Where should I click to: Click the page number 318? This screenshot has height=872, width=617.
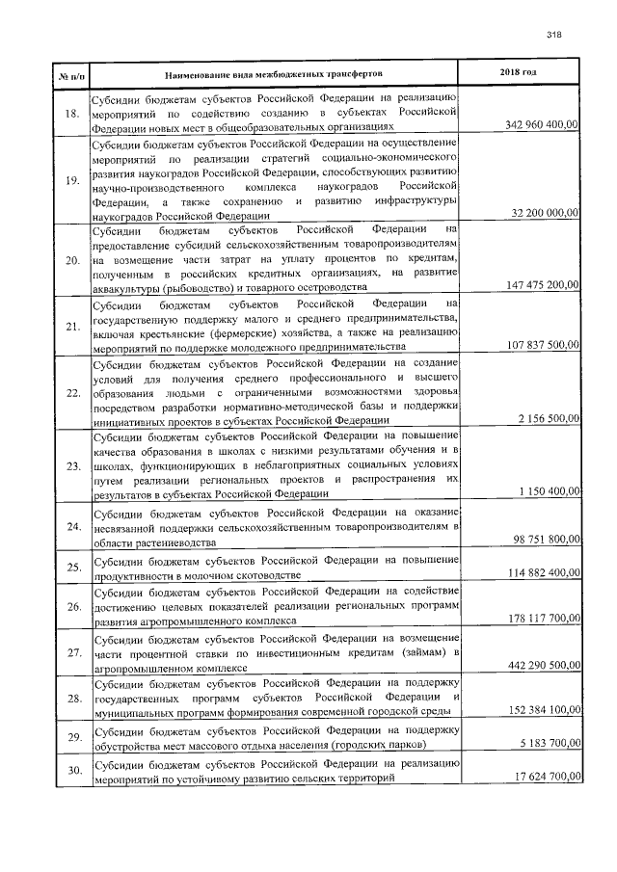tap(553, 33)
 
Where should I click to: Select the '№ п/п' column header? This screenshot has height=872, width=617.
tap(70, 74)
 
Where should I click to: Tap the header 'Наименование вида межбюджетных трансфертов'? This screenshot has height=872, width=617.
tap(274, 73)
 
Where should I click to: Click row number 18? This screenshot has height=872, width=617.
tap(70, 114)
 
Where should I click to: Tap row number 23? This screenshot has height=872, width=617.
tap(70, 466)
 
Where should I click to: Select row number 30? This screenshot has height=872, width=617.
tap(70, 769)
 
